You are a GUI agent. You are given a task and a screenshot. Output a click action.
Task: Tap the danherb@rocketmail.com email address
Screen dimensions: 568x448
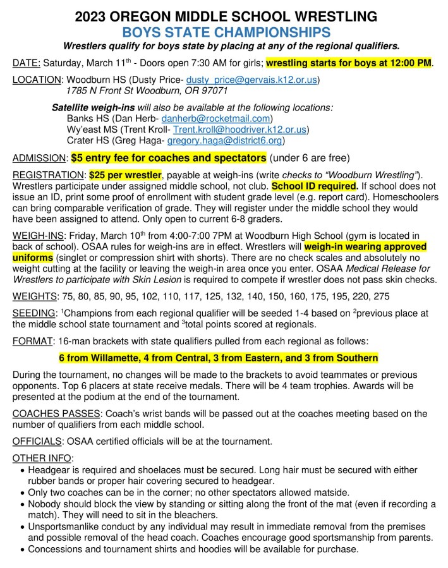point(217,118)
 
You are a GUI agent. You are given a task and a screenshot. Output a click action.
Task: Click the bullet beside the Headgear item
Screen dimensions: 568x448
point(23,470)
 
